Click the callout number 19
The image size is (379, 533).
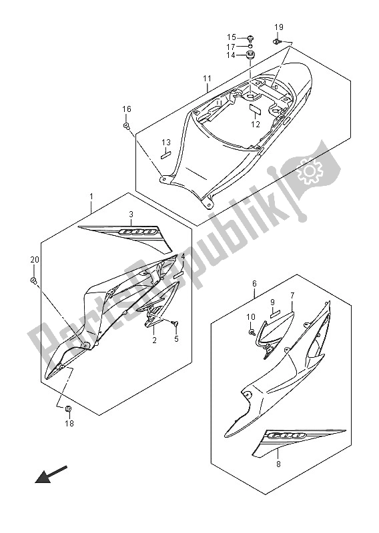coord(279,27)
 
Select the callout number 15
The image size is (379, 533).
coord(232,37)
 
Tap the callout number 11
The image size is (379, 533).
coord(208,79)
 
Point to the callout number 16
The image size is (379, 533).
coord(127,109)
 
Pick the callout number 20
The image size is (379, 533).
coord(35,260)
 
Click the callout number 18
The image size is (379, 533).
coord(69,424)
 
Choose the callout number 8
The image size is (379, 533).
coord(278,464)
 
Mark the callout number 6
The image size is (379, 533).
coord(255,284)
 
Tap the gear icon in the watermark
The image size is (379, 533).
coord(310,169)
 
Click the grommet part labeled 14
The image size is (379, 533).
coord(250,55)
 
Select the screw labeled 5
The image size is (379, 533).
coord(175,323)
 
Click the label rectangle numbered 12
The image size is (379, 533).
coord(255,109)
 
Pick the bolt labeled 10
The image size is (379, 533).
coord(252,332)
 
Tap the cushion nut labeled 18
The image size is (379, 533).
coord(68,408)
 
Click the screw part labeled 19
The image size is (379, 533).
coord(276,41)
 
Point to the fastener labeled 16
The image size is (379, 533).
coord(126,126)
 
